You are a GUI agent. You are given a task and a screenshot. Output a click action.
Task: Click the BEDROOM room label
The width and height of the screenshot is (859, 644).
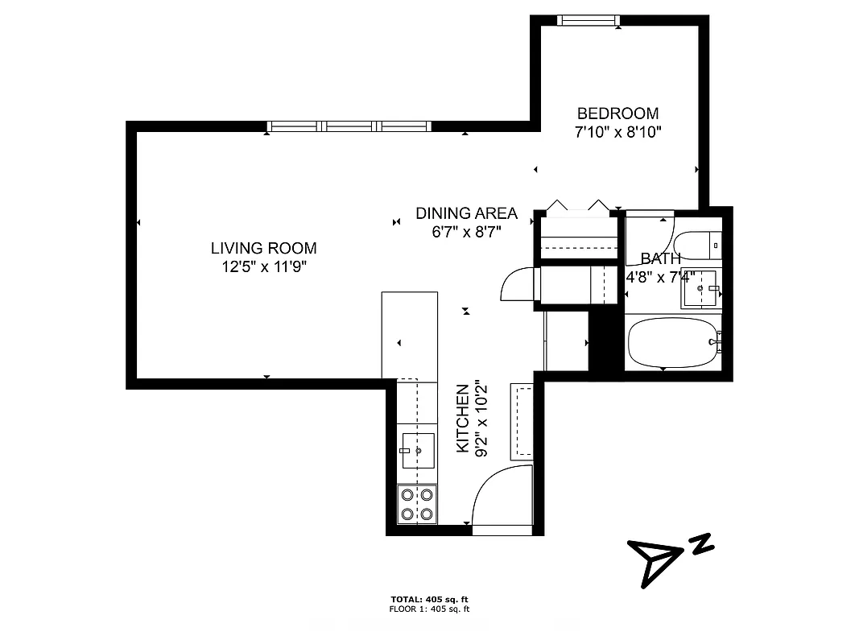617,114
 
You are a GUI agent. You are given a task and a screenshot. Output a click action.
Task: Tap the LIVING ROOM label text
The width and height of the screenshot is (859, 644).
264,248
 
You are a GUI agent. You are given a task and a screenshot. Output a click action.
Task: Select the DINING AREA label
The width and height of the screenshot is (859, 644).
466,213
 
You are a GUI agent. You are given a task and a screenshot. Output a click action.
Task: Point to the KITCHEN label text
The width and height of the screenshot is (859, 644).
463,419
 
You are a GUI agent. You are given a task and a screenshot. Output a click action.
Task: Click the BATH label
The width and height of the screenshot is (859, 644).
660,258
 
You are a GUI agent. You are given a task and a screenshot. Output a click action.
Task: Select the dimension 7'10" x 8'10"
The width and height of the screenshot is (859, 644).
617,133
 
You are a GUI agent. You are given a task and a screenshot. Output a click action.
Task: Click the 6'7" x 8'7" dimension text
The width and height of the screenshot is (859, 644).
466,232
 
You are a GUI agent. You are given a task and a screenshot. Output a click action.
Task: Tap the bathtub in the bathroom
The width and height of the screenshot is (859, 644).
671,342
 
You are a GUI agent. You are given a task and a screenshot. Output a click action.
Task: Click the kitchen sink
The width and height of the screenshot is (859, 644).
418,450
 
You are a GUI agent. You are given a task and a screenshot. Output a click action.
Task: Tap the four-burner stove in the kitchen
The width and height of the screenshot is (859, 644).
417,505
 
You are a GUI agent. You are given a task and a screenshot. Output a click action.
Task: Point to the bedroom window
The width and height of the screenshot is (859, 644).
588,20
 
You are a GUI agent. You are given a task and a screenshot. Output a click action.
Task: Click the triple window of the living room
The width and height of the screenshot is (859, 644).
349,126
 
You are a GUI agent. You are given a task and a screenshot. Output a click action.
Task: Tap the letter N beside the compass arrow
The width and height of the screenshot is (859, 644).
702,544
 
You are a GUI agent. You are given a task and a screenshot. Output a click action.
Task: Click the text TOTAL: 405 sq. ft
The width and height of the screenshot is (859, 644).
428,600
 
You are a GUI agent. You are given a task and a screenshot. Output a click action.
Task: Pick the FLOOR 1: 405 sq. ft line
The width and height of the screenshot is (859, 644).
428,609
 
